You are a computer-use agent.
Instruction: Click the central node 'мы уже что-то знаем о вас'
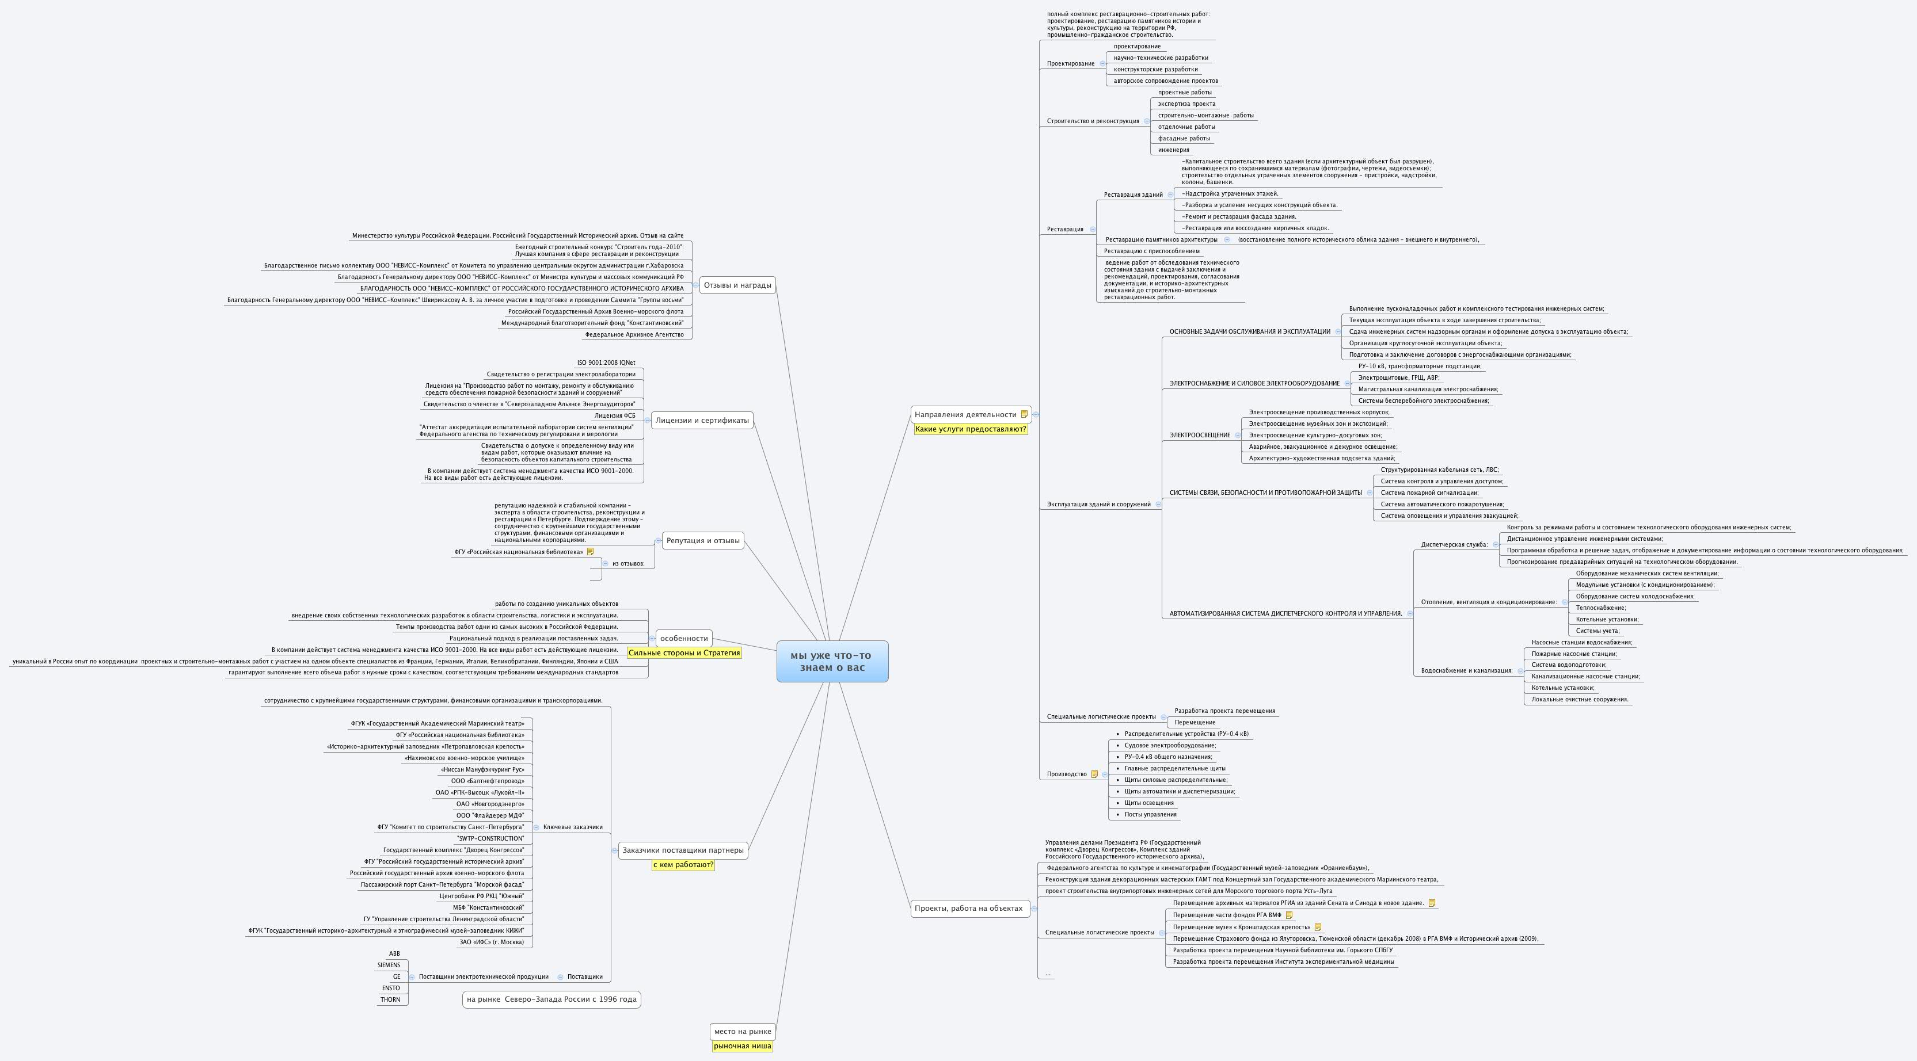coord(831,661)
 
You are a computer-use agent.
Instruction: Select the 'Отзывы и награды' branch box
coord(737,285)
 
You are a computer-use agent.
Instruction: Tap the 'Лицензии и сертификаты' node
coord(702,421)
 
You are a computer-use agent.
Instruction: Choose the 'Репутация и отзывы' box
coord(702,541)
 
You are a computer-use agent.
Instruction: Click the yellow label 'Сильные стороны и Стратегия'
coord(684,653)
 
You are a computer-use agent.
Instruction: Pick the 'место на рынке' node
coord(742,1031)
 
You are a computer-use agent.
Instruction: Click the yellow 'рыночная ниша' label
coord(742,1046)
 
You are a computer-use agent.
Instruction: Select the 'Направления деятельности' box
coord(965,414)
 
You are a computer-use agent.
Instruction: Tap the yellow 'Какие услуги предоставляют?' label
coord(971,429)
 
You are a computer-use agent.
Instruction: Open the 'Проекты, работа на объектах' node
coord(968,909)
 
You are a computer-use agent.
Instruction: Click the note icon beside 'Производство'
coord(1094,774)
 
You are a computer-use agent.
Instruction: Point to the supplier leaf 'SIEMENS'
coord(389,965)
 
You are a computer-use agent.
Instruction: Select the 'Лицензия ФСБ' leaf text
coord(615,416)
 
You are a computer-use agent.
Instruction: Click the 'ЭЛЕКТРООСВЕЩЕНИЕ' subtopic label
coord(1200,435)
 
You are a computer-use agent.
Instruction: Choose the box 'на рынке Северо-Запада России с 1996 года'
coord(551,999)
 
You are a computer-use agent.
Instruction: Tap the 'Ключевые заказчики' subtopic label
coord(572,827)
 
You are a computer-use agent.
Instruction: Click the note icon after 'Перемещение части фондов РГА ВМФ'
coord(1289,915)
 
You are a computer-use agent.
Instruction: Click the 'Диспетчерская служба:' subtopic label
coord(1454,545)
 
